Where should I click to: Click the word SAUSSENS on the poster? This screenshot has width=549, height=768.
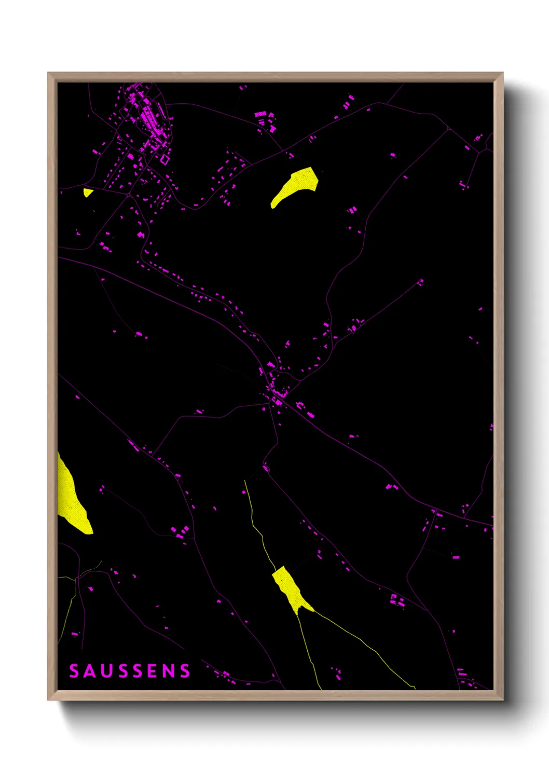130,671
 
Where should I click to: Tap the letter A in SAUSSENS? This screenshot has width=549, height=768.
89,671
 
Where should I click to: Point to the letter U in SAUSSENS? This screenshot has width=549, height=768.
104,671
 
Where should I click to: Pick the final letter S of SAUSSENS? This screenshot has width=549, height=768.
185,671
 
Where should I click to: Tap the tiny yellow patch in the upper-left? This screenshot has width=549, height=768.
88,193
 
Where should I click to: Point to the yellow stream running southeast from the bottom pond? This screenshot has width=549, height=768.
363,643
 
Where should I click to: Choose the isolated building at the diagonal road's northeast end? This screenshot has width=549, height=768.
421,282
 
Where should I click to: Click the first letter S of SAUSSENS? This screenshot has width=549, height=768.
74,671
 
